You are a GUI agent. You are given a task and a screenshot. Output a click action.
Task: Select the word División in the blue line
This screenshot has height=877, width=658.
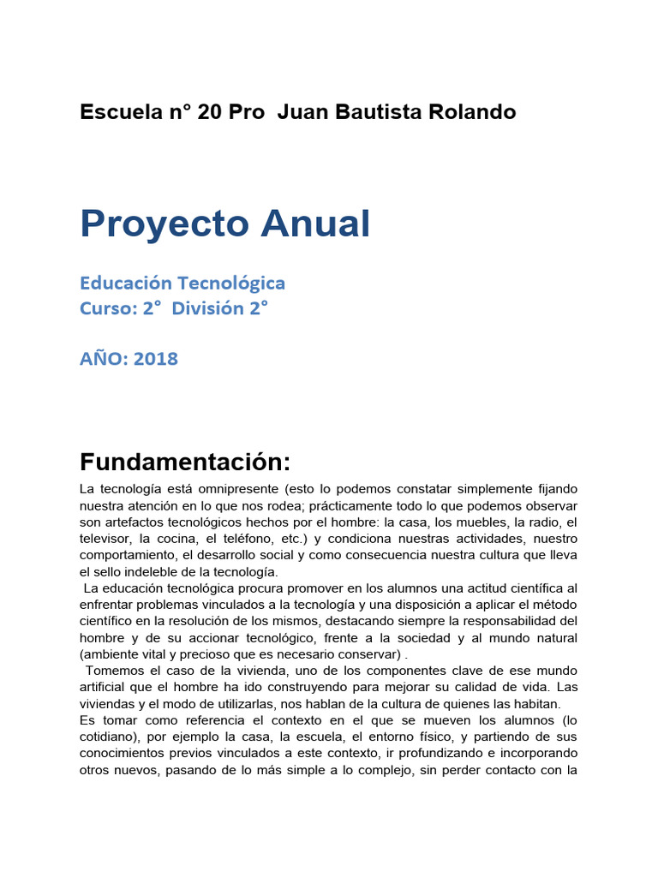coord(208,308)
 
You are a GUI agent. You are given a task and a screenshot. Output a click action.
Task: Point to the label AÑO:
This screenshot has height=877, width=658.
coord(103,359)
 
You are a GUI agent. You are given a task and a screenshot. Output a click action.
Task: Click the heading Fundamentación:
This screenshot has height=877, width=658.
coord(186,462)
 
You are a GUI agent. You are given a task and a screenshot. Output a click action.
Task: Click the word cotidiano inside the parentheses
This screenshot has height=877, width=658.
coord(106,737)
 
